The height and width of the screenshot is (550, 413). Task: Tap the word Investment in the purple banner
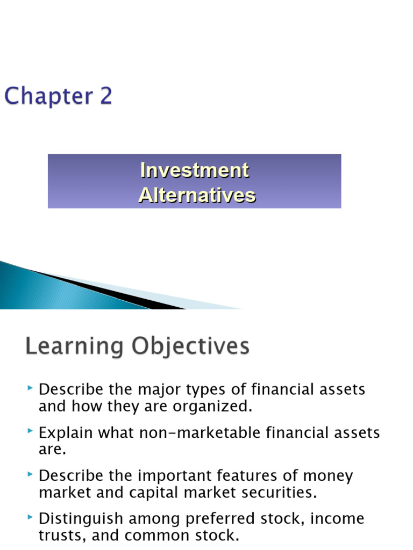pyautogui.click(x=194, y=171)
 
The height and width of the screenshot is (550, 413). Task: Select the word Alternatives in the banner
pyautogui.click(x=197, y=195)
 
